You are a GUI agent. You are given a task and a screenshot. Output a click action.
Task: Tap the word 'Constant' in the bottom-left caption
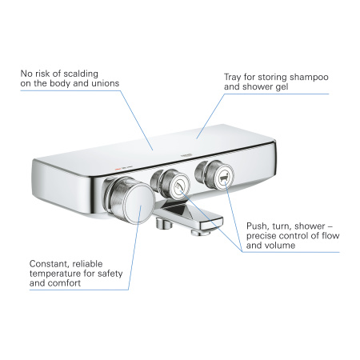click(50, 263)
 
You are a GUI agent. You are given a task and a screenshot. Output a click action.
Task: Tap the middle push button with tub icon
click(174, 185)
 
